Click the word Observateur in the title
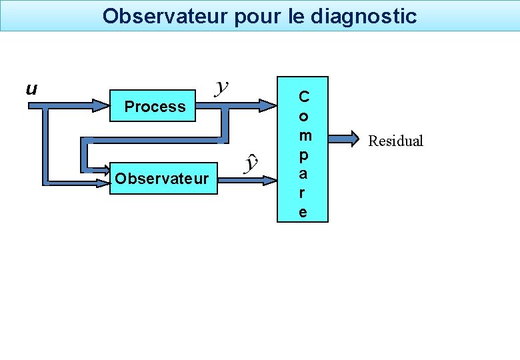[x=165, y=15]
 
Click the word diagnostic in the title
[x=364, y=15]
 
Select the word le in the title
[x=296, y=15]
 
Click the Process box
[x=155, y=107]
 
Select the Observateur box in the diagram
[x=162, y=179]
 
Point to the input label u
[x=31, y=89]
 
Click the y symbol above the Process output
[x=223, y=87]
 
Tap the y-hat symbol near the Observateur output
[x=251, y=163]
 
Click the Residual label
[x=396, y=141]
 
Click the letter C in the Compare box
[x=303, y=97]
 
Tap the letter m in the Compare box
[x=303, y=135]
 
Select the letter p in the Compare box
[x=303, y=155]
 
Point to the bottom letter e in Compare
[x=303, y=212]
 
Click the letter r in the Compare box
[x=303, y=193]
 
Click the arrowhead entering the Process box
[x=103, y=105]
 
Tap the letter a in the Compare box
[x=303, y=174]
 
